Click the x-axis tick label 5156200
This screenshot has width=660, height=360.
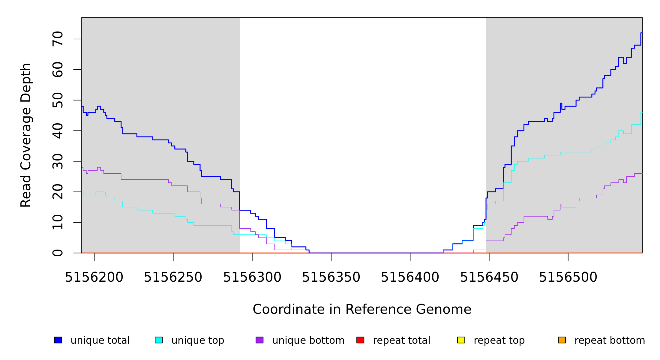point(94,277)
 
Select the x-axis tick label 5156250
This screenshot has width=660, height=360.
point(173,277)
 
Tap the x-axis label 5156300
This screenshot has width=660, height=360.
point(252,277)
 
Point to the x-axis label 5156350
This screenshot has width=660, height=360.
point(331,277)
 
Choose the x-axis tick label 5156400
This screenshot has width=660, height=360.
point(410,277)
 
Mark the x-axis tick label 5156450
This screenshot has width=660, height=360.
point(489,277)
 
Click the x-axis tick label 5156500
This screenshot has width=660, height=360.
point(568,277)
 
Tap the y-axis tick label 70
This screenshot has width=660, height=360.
point(58,39)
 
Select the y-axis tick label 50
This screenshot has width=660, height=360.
point(58,100)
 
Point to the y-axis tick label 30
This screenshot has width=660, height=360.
point(58,161)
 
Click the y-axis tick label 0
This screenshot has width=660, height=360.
point(58,253)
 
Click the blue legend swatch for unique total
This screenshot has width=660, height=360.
point(58,340)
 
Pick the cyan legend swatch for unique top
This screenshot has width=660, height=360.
point(159,340)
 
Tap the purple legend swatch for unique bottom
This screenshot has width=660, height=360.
point(259,340)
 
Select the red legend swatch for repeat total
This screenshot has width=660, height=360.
point(360,340)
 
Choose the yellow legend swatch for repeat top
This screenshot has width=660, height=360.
point(461,340)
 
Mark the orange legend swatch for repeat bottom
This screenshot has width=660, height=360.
point(562,340)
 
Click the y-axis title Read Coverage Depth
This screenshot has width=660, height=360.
point(26,135)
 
